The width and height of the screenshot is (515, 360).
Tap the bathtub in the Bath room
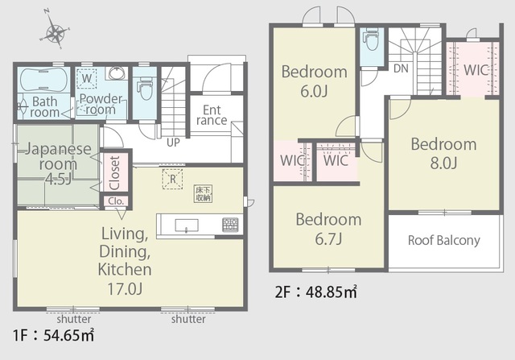pos(43,80)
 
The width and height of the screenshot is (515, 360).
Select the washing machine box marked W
pos(87,79)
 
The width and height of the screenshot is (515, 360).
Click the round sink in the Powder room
pos(116,73)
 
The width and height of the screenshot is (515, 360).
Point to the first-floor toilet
pos(144,88)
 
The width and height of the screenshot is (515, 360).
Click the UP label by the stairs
pos(173,143)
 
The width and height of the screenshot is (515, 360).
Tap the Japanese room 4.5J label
pos(58,163)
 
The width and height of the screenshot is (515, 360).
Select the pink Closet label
pos(114,173)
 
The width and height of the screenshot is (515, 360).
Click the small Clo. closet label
pos(116,201)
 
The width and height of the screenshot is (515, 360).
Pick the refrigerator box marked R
pos(172,179)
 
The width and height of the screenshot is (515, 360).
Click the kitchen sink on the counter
pos(186,226)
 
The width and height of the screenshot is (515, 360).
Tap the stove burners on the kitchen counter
pos(230,224)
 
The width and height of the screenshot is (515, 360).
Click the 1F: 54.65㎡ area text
pos(54,335)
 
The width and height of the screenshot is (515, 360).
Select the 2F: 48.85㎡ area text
pos(316,292)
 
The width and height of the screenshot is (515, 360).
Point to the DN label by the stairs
pos(401,68)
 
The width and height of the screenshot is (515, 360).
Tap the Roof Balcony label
pos(443,240)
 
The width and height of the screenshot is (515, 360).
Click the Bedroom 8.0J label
pos(443,154)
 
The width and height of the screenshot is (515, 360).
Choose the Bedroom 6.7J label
pos(328,229)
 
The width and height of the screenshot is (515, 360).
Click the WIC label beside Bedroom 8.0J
pos(476,70)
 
